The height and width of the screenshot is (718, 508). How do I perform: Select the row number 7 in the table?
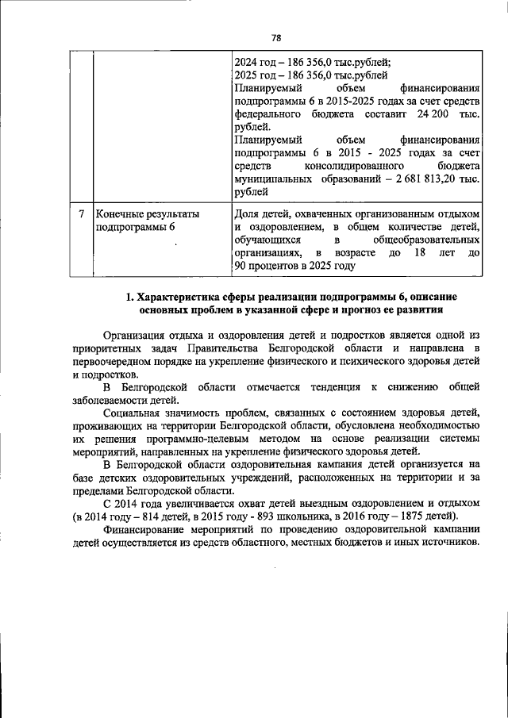82,214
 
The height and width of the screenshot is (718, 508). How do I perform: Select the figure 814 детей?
162,515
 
